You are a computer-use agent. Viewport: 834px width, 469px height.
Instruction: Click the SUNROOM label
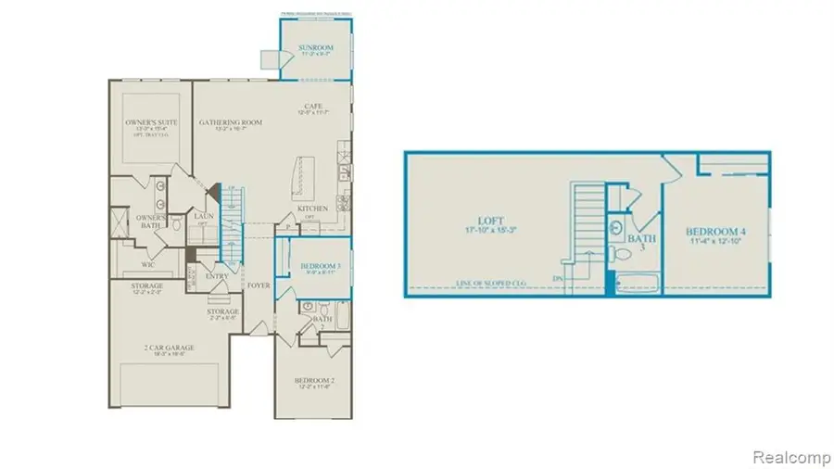pyautogui.click(x=316, y=45)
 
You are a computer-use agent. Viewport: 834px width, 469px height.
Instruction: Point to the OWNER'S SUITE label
pyautogui.click(x=152, y=122)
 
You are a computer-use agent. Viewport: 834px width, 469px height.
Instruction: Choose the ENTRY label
pyautogui.click(x=217, y=275)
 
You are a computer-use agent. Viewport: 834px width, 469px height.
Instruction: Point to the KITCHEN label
pyautogui.click(x=312, y=209)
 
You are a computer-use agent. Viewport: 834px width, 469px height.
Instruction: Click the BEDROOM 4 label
pyautogui.click(x=713, y=231)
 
